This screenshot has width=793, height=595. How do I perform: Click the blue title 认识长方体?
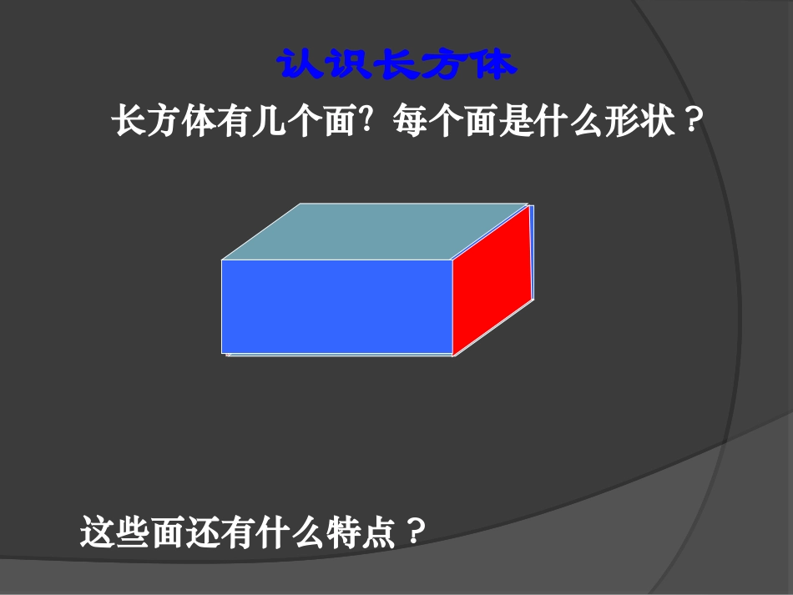tap(396, 65)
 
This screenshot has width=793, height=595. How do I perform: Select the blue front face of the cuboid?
tap(337, 306)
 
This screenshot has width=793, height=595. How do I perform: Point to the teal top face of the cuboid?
tap(376, 231)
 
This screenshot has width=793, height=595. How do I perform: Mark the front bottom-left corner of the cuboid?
tap(222, 354)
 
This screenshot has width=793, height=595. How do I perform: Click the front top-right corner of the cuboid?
tap(452, 260)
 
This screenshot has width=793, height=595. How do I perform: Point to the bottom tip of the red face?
tap(453, 355)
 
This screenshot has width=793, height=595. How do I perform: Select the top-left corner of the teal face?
tap(301, 204)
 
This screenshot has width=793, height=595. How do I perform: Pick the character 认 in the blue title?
tap(299, 65)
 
